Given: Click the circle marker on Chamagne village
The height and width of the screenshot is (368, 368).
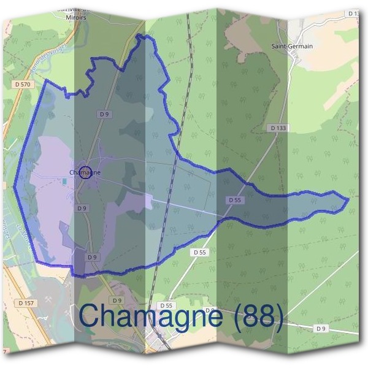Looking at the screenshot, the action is pyautogui.click(x=86, y=172).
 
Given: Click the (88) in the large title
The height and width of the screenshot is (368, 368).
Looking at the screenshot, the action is pyautogui.click(x=254, y=317).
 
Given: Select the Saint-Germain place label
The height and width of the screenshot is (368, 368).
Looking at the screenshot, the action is pyautogui.click(x=292, y=46).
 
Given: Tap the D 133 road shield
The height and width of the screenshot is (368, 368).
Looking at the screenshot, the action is pyautogui.click(x=278, y=128).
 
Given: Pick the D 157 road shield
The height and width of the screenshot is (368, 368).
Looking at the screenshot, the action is pyautogui.click(x=26, y=302).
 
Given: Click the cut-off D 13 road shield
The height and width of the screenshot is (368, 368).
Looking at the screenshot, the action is pyautogui.click(x=353, y=13).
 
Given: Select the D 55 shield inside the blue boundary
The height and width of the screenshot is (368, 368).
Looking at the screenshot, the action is pyautogui.click(x=234, y=200).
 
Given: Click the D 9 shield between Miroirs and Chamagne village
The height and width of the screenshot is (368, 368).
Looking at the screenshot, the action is pyautogui.click(x=104, y=114).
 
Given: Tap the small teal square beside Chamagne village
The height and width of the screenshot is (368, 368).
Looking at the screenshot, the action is pyautogui.click(x=64, y=181).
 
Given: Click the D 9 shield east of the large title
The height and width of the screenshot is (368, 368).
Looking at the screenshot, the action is pyautogui.click(x=321, y=329).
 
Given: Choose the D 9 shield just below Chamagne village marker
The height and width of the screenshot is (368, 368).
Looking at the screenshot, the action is pyautogui.click(x=82, y=209).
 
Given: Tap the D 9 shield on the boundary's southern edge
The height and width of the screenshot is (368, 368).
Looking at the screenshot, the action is pyautogui.click(x=91, y=258).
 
